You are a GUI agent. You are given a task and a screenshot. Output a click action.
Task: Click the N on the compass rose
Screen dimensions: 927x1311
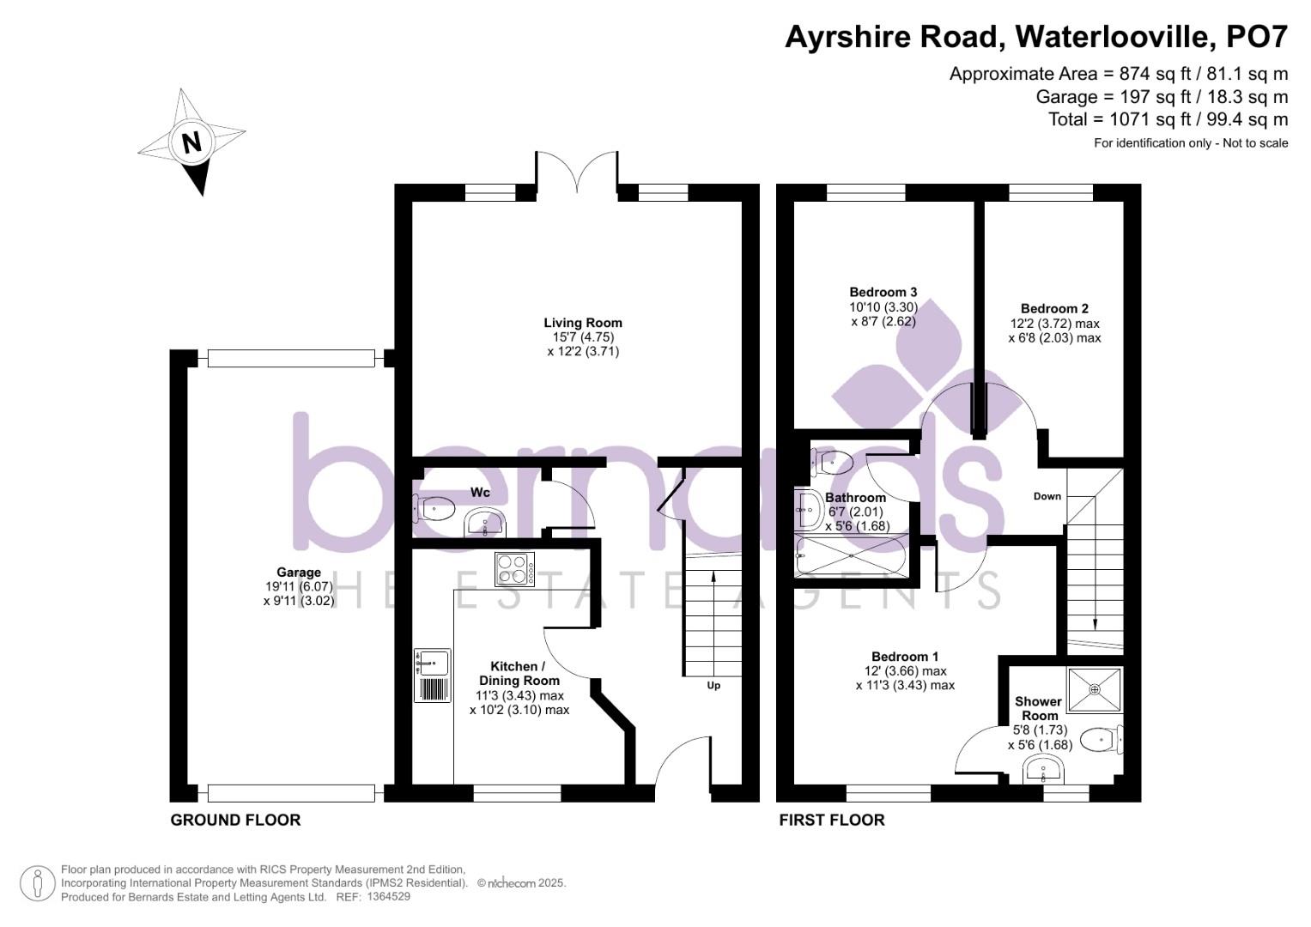click(191, 142)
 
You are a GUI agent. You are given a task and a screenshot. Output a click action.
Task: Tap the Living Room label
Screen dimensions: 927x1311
click(583, 323)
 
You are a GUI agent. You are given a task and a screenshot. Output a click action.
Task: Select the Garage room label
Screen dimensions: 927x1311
click(299, 573)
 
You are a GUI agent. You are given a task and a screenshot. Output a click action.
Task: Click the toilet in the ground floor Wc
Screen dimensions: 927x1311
click(435, 509)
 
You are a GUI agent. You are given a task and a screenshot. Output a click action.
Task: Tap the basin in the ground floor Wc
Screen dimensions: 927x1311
click(485, 522)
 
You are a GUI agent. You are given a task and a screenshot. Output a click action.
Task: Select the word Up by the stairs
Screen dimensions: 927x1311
click(713, 685)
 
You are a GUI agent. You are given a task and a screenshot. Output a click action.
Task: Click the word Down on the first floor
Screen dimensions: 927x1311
click(1047, 496)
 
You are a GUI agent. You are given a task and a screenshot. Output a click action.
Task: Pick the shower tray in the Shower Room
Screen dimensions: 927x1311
click(1095, 688)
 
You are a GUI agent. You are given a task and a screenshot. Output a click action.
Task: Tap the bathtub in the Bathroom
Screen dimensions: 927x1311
click(852, 555)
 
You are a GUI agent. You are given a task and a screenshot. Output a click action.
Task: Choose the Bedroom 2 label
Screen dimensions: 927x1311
click(1054, 308)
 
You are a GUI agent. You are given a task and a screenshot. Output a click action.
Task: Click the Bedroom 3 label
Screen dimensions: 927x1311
click(883, 292)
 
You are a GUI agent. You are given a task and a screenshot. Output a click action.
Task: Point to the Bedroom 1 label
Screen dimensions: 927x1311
click(905, 657)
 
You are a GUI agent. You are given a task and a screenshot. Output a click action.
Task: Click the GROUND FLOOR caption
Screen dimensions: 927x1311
click(235, 820)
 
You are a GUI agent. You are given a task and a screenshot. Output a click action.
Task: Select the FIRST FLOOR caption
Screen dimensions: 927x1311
click(831, 820)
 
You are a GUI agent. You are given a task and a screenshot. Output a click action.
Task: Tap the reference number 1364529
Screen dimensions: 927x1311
click(388, 897)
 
